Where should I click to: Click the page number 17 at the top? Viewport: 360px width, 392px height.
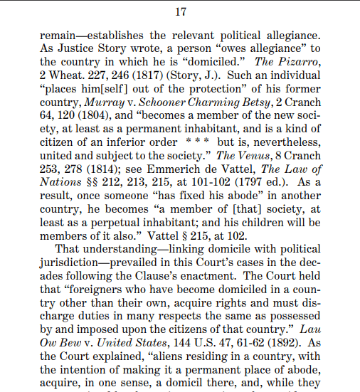pos(180,11)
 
